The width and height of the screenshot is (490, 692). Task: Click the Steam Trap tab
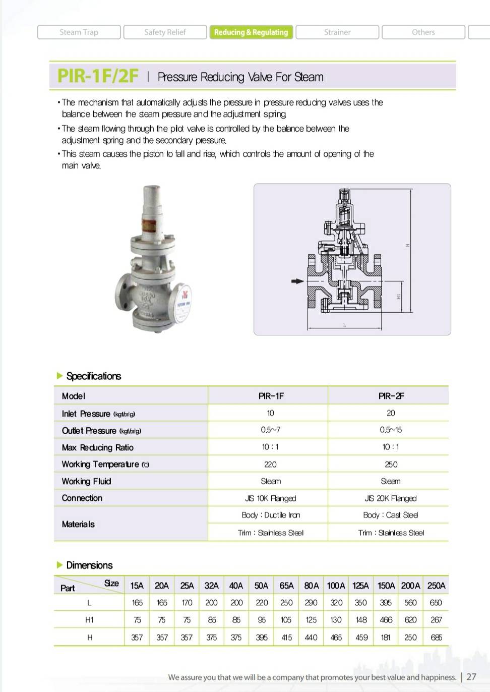(79, 32)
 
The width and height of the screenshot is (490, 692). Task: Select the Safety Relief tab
(165, 32)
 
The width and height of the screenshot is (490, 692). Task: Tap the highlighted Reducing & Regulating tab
(251, 32)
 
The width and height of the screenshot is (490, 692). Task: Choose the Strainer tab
(337, 32)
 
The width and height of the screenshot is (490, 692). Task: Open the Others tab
(423, 32)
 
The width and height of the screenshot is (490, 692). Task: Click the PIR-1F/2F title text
(98, 76)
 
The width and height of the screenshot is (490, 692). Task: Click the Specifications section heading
(94, 376)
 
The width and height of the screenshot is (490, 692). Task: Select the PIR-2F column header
(391, 396)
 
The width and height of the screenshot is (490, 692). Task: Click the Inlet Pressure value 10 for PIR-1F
(271, 413)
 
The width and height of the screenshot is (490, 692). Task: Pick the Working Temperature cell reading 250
(391, 465)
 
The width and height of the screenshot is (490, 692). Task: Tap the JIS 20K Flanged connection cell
(391, 498)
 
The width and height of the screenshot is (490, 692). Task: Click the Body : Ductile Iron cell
(271, 515)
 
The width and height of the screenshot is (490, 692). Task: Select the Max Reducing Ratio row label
(98, 447)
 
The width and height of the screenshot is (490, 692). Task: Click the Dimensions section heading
(89, 565)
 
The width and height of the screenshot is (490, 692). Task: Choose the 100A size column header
(336, 586)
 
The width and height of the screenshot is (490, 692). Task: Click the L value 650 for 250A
(436, 603)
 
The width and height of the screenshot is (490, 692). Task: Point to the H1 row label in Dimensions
(89, 620)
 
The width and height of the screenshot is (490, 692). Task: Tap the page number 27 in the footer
(471, 677)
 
